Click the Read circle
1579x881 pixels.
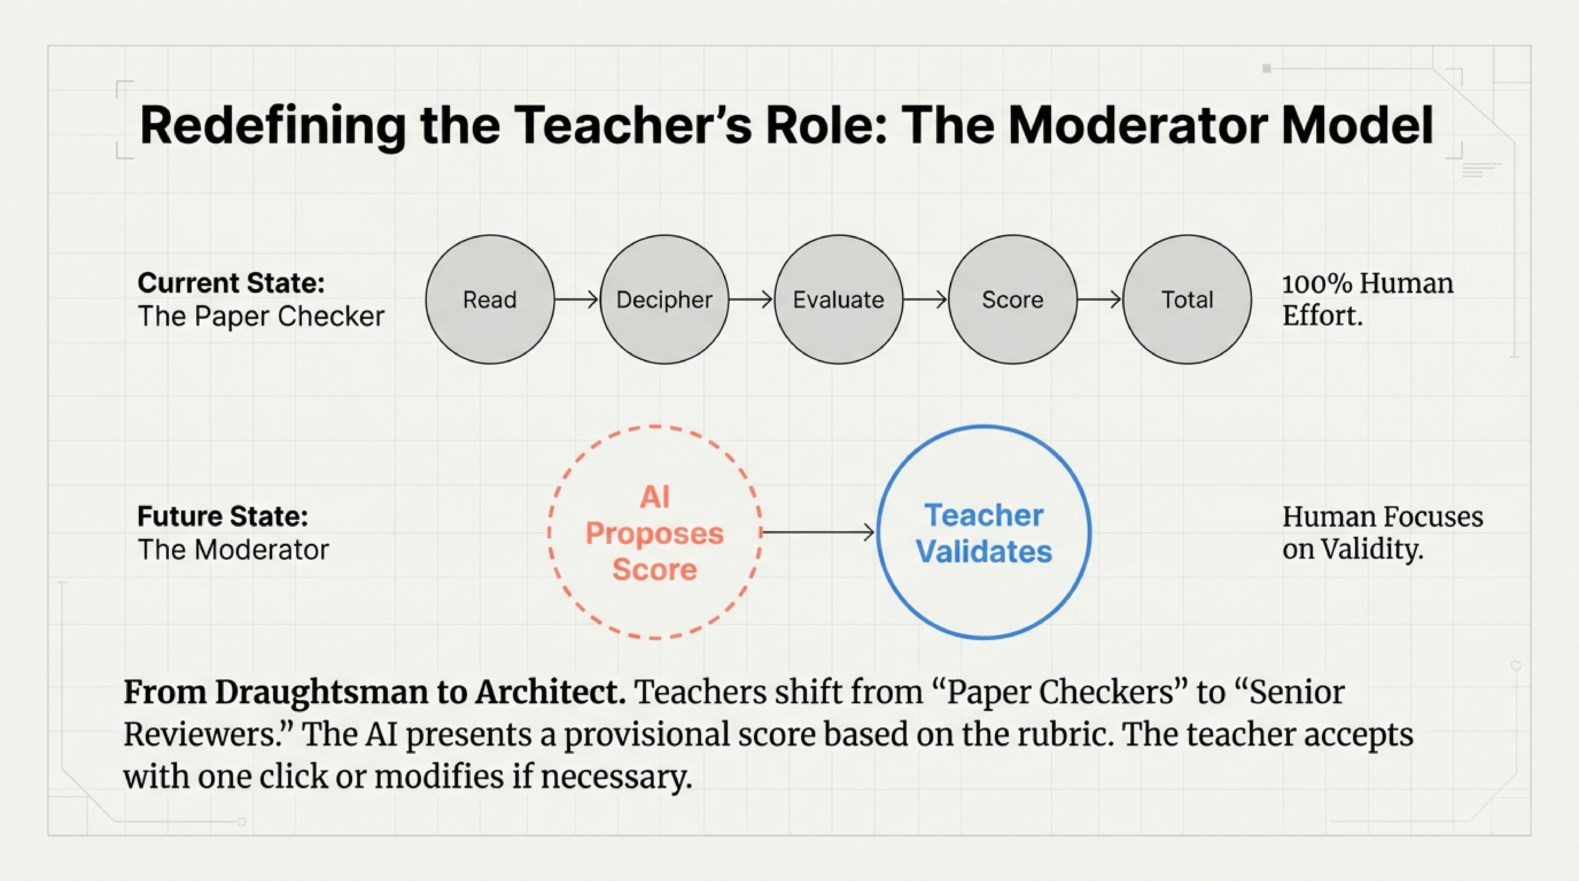pos(490,300)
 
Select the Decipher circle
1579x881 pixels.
pos(664,300)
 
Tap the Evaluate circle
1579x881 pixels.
pos(839,300)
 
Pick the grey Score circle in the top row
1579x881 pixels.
pos(1013,300)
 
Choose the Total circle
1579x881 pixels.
pos(1187,300)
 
